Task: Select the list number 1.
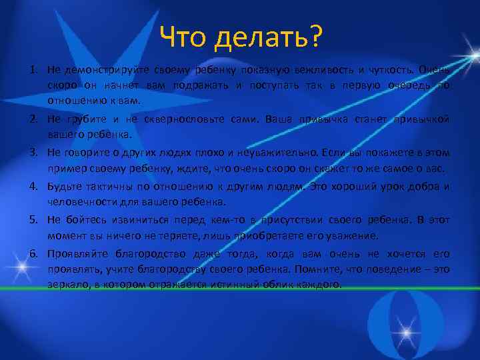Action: pos(32,69)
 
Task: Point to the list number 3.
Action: pos(32,151)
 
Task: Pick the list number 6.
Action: pos(32,254)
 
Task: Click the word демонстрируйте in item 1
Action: pos(97,69)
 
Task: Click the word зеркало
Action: pos(68,283)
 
